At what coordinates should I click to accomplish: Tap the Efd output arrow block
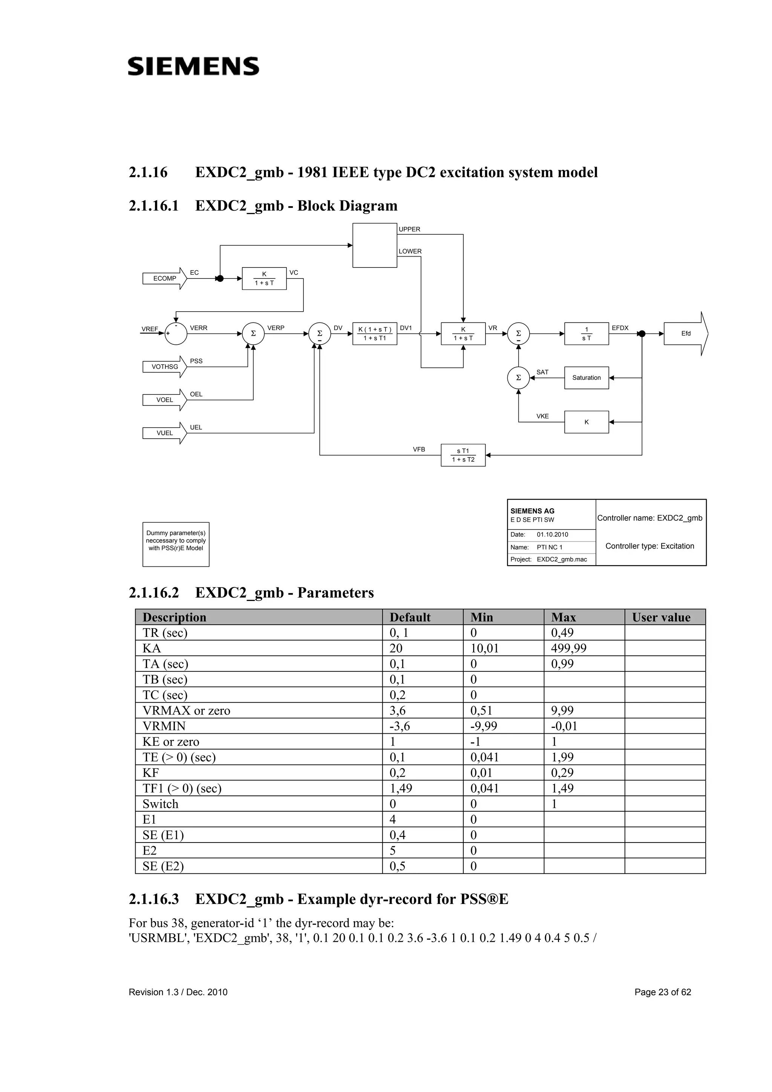[685, 333]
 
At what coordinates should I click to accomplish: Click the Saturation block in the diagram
[586, 378]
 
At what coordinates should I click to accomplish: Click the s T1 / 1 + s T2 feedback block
[463, 455]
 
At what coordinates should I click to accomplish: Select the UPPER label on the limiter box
[409, 229]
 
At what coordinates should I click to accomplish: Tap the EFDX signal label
[620, 328]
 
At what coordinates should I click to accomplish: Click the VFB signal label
[418, 450]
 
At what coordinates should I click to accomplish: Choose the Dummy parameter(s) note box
[176, 544]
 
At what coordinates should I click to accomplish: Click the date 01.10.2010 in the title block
[552, 535]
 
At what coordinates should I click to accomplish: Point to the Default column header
[410, 617]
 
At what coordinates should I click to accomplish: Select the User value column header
[661, 617]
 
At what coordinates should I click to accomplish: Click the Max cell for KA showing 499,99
[568, 648]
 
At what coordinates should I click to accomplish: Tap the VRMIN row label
[164, 726]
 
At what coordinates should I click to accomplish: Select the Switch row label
[160, 804]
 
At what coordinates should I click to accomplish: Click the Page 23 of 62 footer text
[663, 992]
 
